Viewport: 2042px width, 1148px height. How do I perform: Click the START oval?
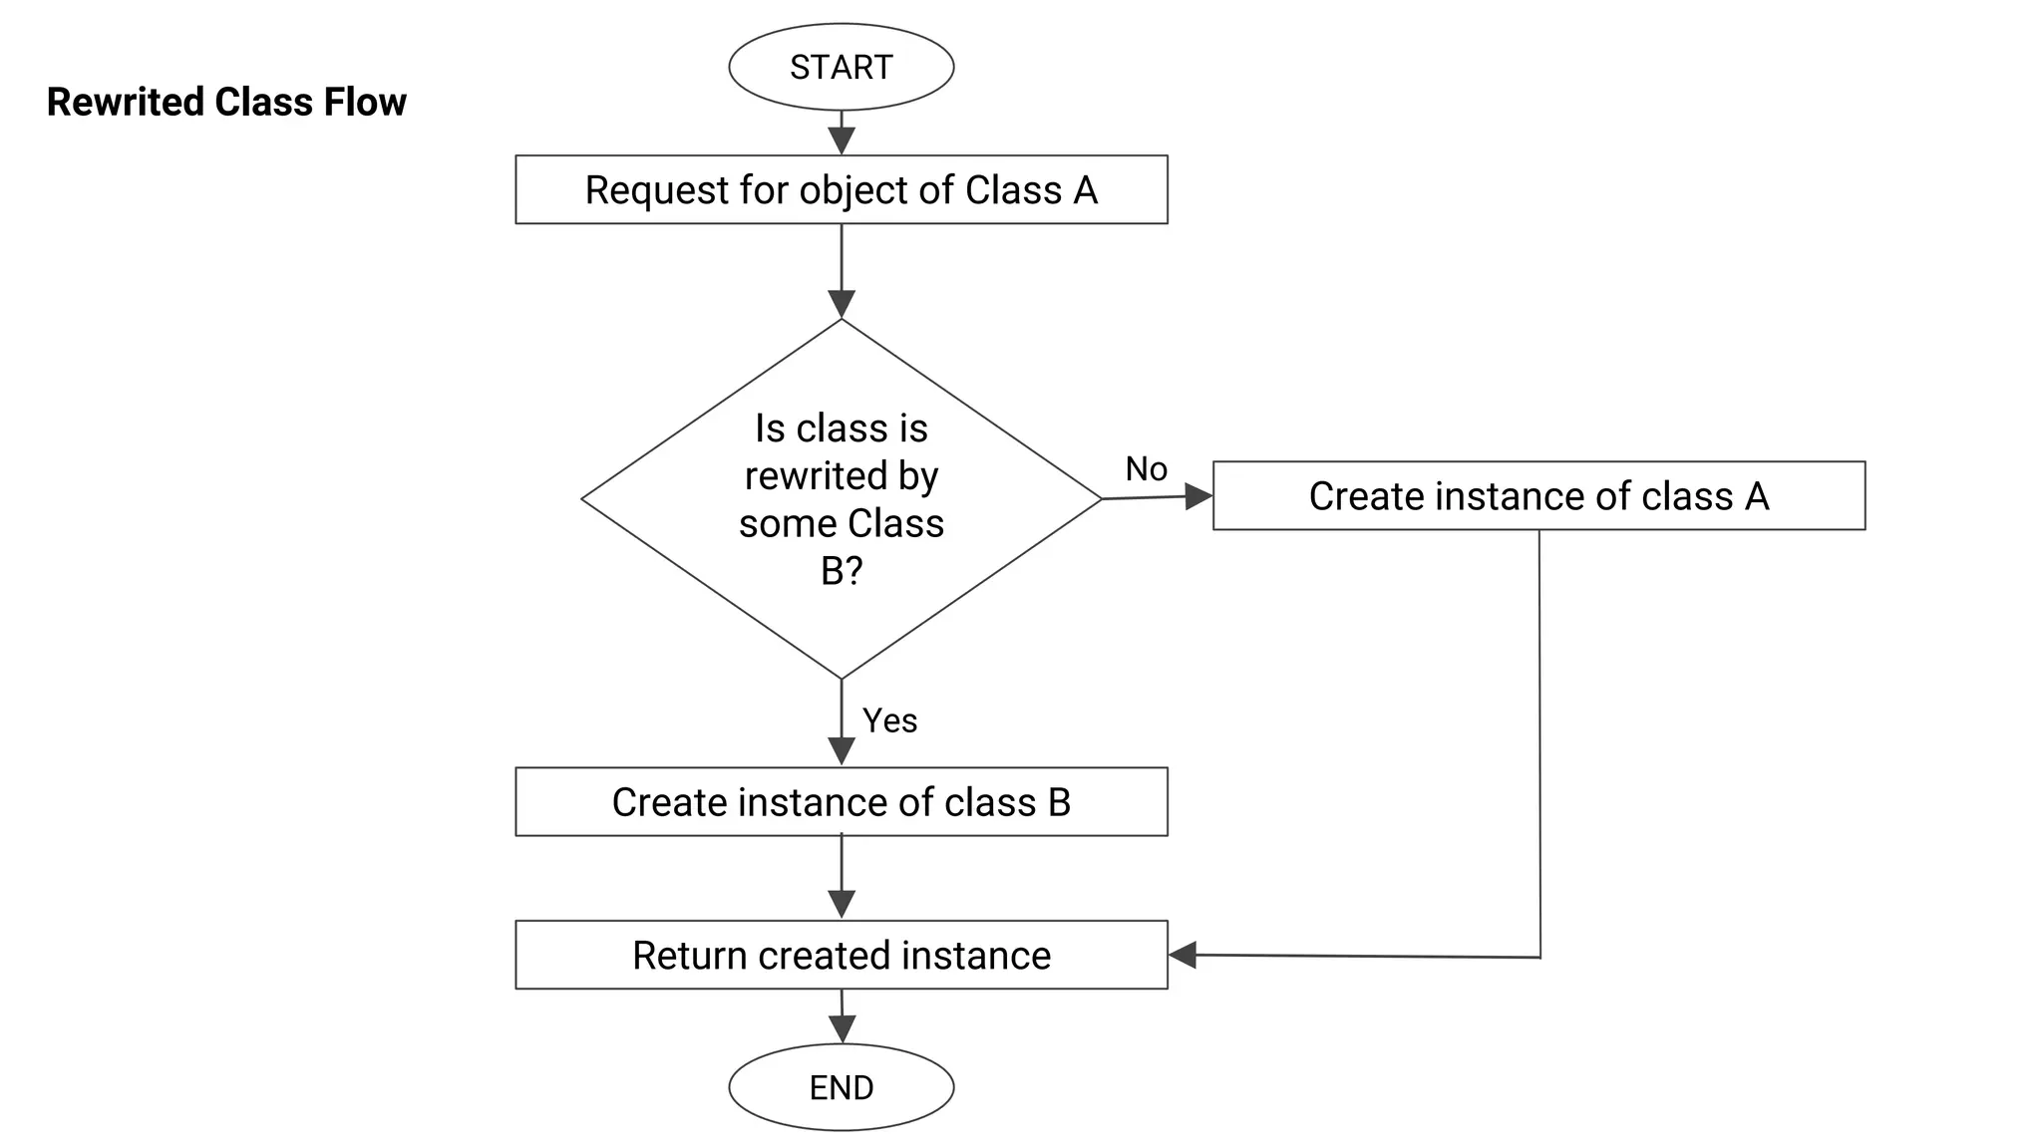pos(841,67)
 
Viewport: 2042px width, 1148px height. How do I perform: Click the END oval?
pos(841,1086)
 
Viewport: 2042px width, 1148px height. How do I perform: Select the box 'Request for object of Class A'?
pos(841,189)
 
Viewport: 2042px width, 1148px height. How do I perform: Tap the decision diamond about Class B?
pos(841,498)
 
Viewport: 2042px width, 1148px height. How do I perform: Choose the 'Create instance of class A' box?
pos(1537,495)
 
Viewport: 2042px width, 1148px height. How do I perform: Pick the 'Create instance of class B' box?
pos(841,801)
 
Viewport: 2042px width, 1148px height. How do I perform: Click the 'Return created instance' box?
pos(841,955)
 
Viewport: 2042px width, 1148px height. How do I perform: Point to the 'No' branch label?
pos(1146,468)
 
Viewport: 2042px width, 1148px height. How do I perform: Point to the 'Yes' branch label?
pos(889,720)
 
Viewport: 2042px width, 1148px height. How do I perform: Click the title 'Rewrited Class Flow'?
pos(226,102)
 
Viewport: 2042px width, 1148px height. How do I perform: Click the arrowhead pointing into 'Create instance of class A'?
pos(1198,495)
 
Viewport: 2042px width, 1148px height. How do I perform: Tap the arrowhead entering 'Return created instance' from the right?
pos(1183,955)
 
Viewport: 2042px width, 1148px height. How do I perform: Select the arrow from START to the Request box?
pos(842,132)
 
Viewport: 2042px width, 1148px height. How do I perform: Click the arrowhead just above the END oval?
pos(842,1029)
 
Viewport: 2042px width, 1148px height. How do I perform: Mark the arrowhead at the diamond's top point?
pos(842,304)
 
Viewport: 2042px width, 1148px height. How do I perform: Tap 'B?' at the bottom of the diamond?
pos(841,571)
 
